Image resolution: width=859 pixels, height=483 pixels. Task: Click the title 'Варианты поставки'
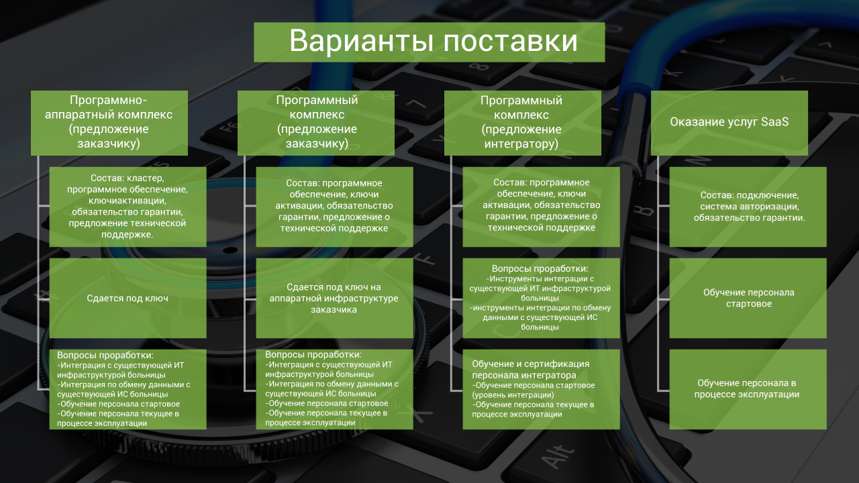tap(433, 41)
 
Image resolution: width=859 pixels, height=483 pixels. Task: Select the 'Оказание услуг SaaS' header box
tap(729, 123)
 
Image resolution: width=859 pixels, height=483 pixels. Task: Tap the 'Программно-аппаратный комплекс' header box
tap(109, 123)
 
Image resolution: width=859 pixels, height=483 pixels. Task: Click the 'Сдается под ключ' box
tap(128, 298)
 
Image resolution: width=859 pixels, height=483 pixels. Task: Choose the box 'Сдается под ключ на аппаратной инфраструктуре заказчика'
tap(334, 298)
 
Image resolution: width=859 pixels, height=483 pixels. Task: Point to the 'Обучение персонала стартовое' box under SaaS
tap(748, 298)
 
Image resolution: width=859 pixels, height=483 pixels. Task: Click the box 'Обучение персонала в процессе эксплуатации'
tap(748, 389)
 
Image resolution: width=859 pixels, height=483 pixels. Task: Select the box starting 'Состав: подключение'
tap(748, 207)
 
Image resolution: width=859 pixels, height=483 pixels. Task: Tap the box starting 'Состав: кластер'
tap(128, 207)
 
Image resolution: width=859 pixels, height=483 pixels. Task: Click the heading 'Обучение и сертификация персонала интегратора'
tap(530, 369)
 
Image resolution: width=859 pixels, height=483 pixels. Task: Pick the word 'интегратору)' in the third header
tap(521, 144)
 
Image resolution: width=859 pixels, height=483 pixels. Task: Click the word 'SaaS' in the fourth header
tap(774, 121)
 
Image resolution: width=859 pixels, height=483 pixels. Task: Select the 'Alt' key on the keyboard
tap(558, 457)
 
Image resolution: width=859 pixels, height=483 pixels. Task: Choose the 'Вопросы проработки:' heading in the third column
tap(540, 268)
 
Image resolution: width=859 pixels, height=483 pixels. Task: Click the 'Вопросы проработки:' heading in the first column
tap(105, 355)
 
